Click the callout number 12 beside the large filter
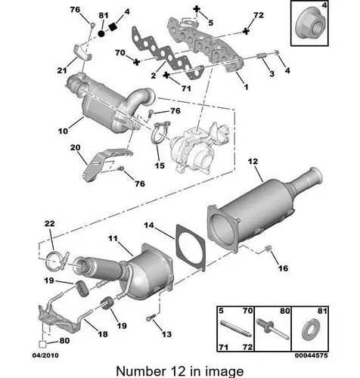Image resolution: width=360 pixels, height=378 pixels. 253,162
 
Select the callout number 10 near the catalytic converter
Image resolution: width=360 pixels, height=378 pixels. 63,131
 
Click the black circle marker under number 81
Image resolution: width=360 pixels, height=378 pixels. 101,34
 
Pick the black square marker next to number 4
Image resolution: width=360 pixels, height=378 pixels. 113,26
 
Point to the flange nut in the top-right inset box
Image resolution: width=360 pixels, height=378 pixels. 309,26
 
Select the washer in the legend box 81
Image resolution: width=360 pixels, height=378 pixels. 312,330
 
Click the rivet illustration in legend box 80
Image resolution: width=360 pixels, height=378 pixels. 272,328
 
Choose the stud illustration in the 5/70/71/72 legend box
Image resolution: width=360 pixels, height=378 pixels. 236,328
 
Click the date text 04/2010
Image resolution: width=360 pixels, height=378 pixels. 45,355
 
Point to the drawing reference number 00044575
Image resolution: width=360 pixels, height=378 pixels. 312,355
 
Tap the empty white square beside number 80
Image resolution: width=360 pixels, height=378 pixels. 42,344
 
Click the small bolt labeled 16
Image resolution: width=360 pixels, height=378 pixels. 268,249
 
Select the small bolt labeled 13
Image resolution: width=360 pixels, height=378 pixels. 151,318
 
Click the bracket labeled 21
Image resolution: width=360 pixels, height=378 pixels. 82,52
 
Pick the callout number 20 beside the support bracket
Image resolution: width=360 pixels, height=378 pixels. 75,147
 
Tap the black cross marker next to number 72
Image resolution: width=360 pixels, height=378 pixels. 246,31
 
